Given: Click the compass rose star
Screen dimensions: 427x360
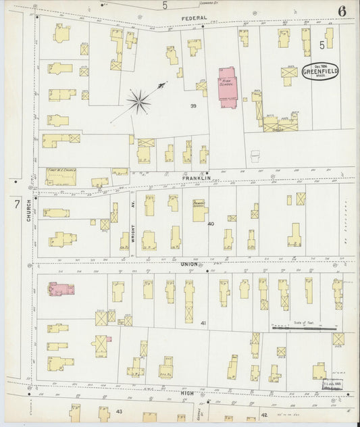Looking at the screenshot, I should click(x=138, y=102).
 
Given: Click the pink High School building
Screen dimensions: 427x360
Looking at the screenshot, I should click(x=227, y=86).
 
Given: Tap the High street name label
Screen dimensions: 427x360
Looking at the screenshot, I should click(x=187, y=392).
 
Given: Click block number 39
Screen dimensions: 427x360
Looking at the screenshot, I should click(x=193, y=106).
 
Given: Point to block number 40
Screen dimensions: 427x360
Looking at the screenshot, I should click(x=210, y=224).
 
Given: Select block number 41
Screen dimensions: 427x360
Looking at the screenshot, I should click(x=203, y=324).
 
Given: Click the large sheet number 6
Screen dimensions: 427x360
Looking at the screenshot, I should click(x=343, y=11).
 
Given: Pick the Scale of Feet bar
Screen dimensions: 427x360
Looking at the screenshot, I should click(x=303, y=328).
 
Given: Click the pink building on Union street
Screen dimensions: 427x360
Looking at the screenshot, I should click(x=61, y=289).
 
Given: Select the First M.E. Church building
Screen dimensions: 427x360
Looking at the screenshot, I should click(x=61, y=177).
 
